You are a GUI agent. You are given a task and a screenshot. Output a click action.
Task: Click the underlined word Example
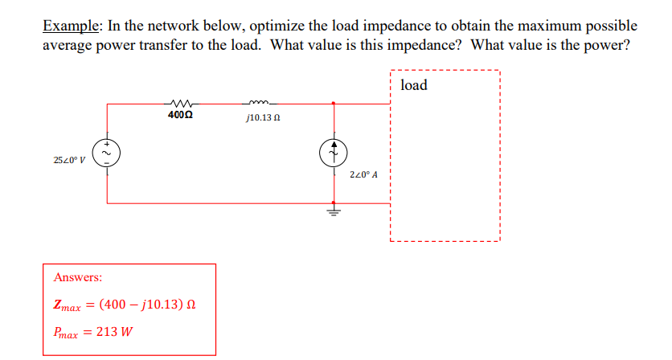[72, 26]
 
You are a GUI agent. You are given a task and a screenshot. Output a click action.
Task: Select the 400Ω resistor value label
[179, 115]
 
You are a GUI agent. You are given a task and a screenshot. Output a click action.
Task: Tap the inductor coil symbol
[262, 102]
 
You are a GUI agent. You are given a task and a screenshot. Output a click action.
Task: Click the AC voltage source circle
[107, 153]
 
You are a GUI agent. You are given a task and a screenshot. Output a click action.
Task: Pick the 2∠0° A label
[364, 174]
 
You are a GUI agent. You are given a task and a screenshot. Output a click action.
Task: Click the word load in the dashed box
[413, 85]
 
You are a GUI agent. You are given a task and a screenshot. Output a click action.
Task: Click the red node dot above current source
[335, 103]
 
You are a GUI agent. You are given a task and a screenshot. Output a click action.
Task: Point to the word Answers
[78, 277]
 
